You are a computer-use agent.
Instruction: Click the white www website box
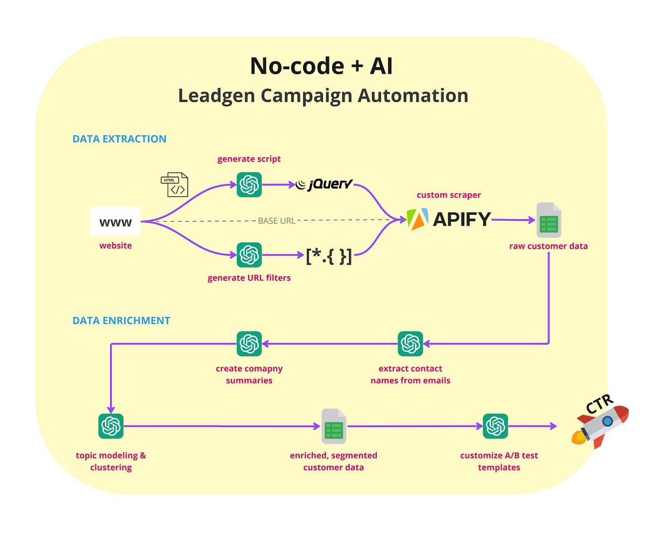pyautogui.click(x=115, y=221)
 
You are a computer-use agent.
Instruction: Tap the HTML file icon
pyautogui.click(x=174, y=185)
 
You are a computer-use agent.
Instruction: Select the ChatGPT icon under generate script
pyautogui.click(x=249, y=185)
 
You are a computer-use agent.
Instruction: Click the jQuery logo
pyautogui.click(x=324, y=185)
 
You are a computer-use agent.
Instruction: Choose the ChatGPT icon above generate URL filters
pyautogui.click(x=249, y=255)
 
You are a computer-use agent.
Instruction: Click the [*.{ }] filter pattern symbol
pyautogui.click(x=328, y=256)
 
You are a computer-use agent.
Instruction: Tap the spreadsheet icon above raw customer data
pyautogui.click(x=549, y=220)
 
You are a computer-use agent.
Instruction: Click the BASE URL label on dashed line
pyautogui.click(x=277, y=221)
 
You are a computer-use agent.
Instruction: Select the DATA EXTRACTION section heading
pyautogui.click(x=120, y=139)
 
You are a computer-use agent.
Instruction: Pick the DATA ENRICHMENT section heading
pyautogui.click(x=121, y=321)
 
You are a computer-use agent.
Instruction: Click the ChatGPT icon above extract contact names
pyautogui.click(x=410, y=343)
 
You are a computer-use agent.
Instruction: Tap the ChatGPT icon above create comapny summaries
pyautogui.click(x=249, y=343)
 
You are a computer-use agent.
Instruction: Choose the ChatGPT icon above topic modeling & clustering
pyautogui.click(x=111, y=426)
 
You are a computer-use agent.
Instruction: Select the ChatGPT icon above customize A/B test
pyautogui.click(x=495, y=426)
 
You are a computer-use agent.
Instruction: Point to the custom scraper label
pyautogui.click(x=448, y=195)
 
